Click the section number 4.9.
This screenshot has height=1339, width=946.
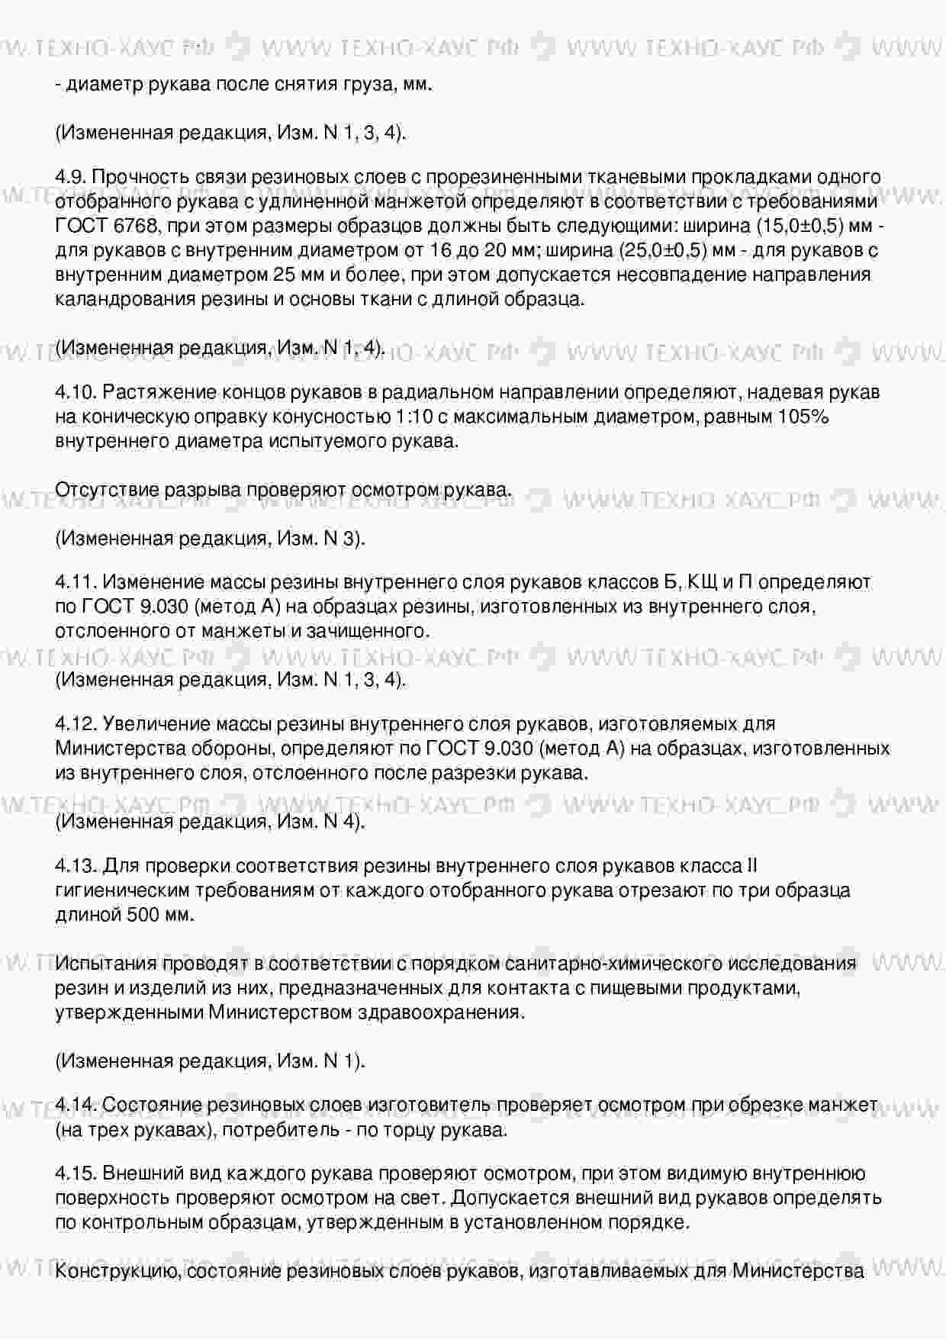(70, 177)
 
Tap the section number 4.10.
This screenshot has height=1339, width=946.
(75, 392)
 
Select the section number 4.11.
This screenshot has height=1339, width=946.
(75, 582)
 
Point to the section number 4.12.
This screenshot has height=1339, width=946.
(75, 723)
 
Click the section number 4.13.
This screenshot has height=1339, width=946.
(75, 866)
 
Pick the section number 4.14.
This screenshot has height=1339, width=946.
(75, 1105)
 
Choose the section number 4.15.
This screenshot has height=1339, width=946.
(75, 1173)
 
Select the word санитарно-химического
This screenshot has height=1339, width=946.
(592, 964)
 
